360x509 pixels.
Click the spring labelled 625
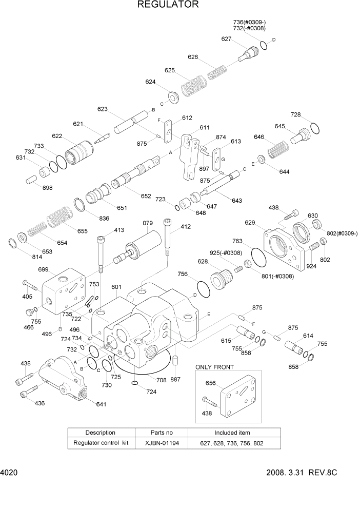coord(192,83)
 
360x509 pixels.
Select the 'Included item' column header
coord(232,433)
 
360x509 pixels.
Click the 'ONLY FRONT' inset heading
coord(214,367)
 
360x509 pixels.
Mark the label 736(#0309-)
coord(249,22)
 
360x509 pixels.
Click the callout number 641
coord(102,404)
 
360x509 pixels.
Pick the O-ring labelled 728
coord(314,128)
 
